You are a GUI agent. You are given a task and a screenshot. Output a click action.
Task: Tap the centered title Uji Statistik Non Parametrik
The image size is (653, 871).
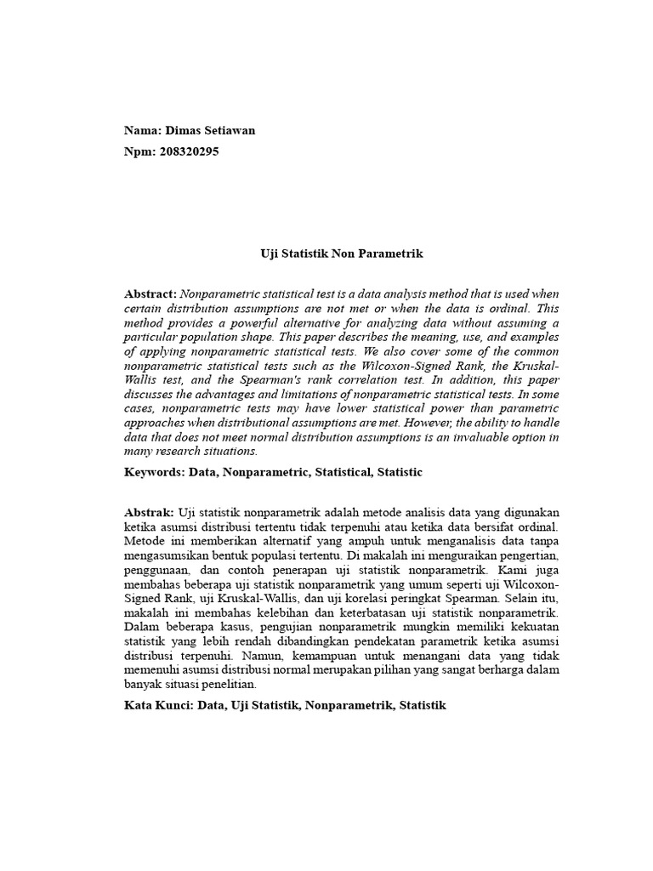tap(341, 253)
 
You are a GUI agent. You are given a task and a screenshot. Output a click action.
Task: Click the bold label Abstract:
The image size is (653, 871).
tap(150, 293)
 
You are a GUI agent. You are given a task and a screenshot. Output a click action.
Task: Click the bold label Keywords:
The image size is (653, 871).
tap(155, 471)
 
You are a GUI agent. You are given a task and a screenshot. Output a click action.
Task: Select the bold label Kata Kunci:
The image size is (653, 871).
tap(159, 705)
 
